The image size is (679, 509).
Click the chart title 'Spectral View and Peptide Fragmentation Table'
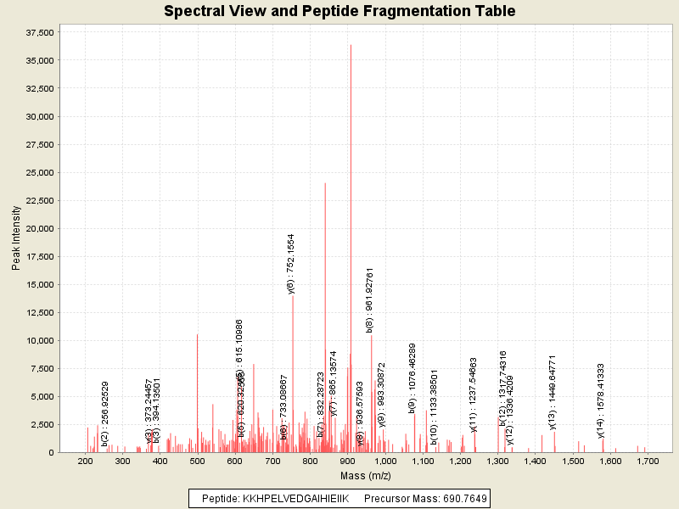click(339, 11)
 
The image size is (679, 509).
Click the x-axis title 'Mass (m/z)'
click(367, 473)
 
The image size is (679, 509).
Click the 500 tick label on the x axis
click(197, 461)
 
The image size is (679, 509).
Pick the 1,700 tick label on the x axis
click(648, 461)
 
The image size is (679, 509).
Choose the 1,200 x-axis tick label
click(460, 461)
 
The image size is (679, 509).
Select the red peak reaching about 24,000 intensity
click(325, 255)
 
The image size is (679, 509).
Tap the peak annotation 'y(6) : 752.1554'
click(292, 264)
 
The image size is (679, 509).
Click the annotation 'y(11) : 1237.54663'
click(474, 394)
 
